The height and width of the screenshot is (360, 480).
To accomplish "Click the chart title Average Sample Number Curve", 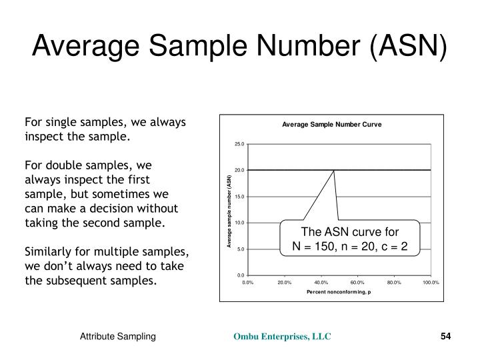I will coord(331,125).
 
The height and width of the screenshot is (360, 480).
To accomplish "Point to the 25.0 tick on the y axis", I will coord(240,144).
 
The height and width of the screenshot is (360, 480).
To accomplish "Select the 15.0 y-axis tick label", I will coord(240,197).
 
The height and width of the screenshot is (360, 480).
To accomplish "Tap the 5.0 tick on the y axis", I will coord(241,249).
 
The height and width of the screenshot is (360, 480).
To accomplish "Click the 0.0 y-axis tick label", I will coord(241,275).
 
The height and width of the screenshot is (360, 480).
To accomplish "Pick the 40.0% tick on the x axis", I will coord(321,283).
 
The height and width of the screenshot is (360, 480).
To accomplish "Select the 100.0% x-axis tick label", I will coord(430,283).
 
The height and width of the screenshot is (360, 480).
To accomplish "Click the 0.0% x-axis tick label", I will coord(248,283).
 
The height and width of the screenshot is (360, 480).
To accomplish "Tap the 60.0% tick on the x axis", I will coord(357,283).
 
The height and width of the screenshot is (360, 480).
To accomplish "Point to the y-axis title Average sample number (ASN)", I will coord(229,210).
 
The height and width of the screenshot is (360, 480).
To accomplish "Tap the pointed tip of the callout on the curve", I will coord(333,171).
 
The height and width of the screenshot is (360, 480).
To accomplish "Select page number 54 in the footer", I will coord(446,337).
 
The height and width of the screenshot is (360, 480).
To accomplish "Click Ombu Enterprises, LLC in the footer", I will coord(281,337).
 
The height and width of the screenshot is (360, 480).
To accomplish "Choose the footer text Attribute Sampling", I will coord(118,337).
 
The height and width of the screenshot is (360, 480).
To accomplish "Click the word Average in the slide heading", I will coord(77,47).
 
